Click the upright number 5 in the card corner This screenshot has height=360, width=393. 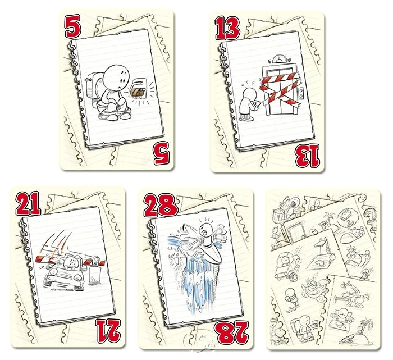pos(73,26)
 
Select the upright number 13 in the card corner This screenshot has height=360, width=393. pos(227,28)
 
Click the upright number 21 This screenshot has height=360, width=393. pos(28,203)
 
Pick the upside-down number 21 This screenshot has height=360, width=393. pos(108,331)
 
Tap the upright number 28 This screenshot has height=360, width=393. pos(161,206)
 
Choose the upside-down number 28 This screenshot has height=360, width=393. pos(233,332)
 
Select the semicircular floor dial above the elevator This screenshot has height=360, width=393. pos(281,58)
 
